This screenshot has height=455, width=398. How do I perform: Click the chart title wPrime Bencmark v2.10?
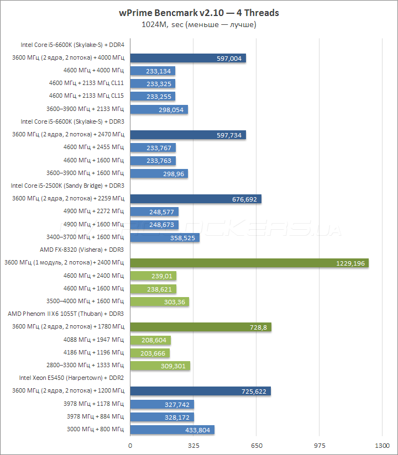coord(199,13)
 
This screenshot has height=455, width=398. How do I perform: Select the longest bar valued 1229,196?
coord(249,263)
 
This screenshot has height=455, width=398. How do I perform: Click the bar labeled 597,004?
coord(188,58)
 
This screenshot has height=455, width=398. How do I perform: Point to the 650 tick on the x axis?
coord(256,445)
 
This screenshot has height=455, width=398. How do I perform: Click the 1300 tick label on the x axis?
coord(382,445)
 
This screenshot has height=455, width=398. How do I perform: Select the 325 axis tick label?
coord(193,445)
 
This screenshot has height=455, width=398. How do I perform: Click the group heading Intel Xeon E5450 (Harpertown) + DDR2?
coord(71,378)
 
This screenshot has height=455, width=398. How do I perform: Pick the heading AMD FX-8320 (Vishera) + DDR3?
coord(82,250)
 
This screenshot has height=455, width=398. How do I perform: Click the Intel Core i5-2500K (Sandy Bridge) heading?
coord(68,186)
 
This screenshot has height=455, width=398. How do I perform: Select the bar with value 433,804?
coord(172,430)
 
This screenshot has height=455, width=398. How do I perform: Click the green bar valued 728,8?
coord(201,327)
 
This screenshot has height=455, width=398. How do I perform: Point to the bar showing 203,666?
coord(150,353)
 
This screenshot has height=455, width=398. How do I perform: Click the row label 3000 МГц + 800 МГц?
coord(95,429)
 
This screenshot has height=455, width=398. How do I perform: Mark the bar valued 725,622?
coord(200,391)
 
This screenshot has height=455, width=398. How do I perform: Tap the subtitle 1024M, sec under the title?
coord(199,24)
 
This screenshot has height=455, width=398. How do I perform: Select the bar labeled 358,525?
coord(165,237)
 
